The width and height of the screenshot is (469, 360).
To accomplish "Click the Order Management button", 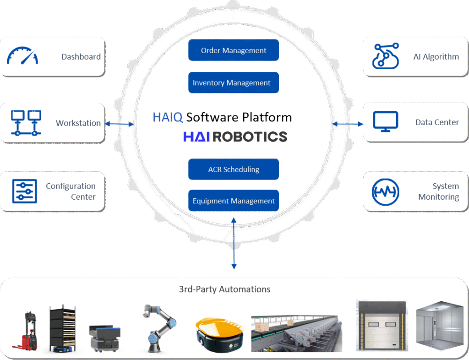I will pos(234,50).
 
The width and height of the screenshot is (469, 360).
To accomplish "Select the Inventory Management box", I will pos(234,83).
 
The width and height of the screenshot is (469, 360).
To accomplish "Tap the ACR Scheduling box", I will pos(234,169).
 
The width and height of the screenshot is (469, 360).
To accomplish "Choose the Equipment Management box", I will pos(234,201).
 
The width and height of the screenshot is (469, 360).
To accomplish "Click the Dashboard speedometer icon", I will pos(22,56).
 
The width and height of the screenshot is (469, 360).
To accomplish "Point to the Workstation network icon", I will pos(24,123).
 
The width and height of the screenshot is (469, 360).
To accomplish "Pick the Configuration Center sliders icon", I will pos(24,191).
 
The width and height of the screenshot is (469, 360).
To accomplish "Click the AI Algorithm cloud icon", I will pos(386,56).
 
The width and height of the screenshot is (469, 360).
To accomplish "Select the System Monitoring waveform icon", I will pos(385,191).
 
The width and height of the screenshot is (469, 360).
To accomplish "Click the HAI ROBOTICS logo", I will pos(235,136).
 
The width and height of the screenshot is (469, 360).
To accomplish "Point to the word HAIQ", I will pos(168,118).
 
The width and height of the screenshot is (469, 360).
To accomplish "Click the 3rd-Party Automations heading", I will pos(224,289).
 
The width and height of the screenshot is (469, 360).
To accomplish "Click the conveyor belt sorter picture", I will pos(296,333).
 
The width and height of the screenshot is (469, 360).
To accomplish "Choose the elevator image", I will pos(437,328).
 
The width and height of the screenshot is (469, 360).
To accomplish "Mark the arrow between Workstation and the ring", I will pos(119,124).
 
